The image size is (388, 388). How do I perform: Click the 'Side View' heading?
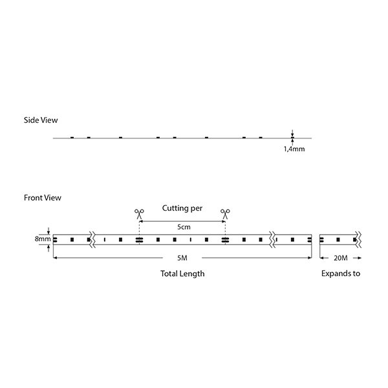click(x=41, y=120)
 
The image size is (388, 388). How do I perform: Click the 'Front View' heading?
click(x=42, y=198)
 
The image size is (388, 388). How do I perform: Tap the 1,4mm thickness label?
click(x=294, y=149)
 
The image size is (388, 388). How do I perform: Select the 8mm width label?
click(x=43, y=239)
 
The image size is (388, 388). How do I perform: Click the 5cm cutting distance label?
click(x=184, y=227)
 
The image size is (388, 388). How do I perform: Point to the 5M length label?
click(x=182, y=258)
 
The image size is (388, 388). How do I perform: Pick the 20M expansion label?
click(x=341, y=258)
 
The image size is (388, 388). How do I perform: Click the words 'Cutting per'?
click(x=182, y=208)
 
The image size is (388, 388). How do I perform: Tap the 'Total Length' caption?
click(x=182, y=274)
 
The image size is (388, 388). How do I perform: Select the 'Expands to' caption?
click(x=341, y=274)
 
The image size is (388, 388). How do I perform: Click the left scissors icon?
click(x=139, y=214)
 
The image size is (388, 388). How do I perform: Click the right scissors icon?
click(x=225, y=214)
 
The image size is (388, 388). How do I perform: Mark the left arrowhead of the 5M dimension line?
click(x=55, y=258)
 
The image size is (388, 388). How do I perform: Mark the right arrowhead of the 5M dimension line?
click(x=310, y=258)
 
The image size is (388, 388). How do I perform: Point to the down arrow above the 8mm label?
click(x=48, y=231)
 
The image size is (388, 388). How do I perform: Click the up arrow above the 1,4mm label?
click(x=292, y=142)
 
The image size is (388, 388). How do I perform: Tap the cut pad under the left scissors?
click(x=139, y=240)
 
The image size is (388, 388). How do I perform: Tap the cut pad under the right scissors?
click(x=225, y=240)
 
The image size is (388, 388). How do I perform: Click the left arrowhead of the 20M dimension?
click(x=322, y=258)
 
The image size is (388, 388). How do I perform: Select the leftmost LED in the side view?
click(x=72, y=137)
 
